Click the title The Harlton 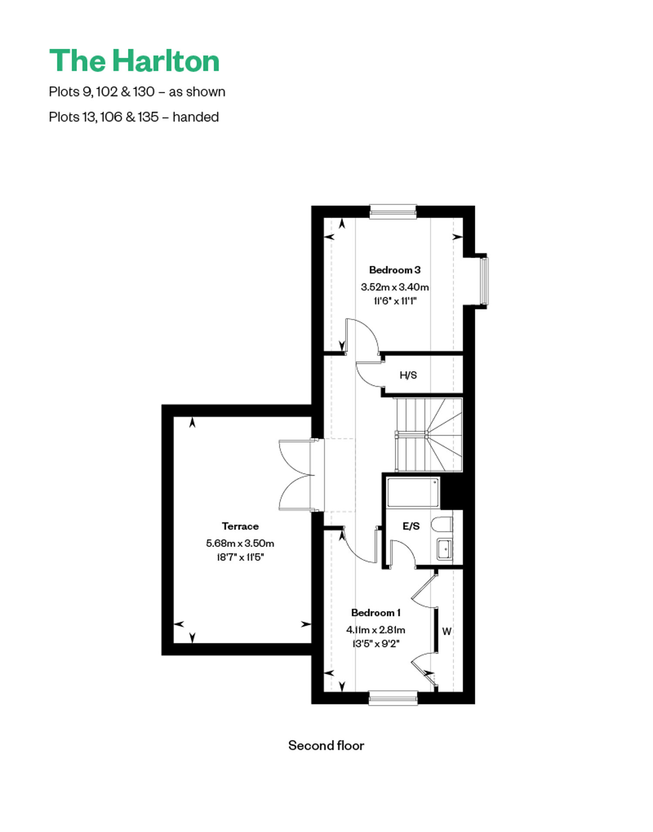[x=134, y=60]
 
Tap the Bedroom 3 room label [x=394, y=270]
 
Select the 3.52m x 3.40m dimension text [x=394, y=287]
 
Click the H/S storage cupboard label [x=408, y=375]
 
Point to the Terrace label [x=240, y=526]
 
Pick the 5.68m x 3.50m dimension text [x=240, y=543]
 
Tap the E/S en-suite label [x=411, y=526]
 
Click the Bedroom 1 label [x=376, y=613]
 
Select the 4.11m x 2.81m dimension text [x=376, y=630]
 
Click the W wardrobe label [x=447, y=631]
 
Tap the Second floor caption [x=326, y=745]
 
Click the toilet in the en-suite [x=442, y=524]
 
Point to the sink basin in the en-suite [x=444, y=550]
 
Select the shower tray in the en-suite [x=413, y=492]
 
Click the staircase [x=428, y=434]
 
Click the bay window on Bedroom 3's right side [x=484, y=281]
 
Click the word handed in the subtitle [x=195, y=117]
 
